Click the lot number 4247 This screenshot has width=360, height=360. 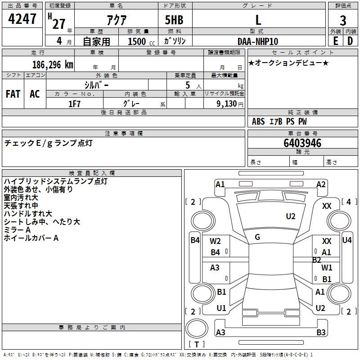22,19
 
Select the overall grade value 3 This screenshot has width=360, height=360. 343,21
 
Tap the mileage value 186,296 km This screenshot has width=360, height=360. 53,65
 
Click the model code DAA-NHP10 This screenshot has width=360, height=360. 258,41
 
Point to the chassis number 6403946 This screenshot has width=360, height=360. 302,143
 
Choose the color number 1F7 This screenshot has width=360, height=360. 74,104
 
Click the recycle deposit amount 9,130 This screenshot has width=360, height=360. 227,104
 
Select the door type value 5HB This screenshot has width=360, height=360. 174,20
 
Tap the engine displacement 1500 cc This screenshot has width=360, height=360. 141,41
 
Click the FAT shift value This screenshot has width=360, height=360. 13,94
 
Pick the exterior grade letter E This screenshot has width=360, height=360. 335,41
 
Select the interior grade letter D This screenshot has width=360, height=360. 350,41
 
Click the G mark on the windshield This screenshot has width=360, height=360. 257,237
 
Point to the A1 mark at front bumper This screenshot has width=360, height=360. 220,184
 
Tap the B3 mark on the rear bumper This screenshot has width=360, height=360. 321,332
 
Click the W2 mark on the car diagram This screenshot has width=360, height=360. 215,241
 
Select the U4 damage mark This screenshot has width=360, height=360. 347,240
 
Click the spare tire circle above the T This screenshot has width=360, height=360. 197,328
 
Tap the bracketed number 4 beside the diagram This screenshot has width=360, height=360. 348,202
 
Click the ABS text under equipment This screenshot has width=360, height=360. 258,121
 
